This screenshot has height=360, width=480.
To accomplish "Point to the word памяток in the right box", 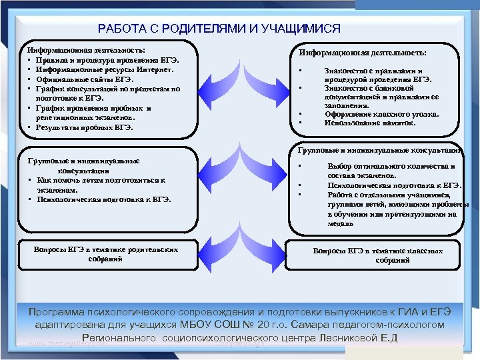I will click(399, 123).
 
